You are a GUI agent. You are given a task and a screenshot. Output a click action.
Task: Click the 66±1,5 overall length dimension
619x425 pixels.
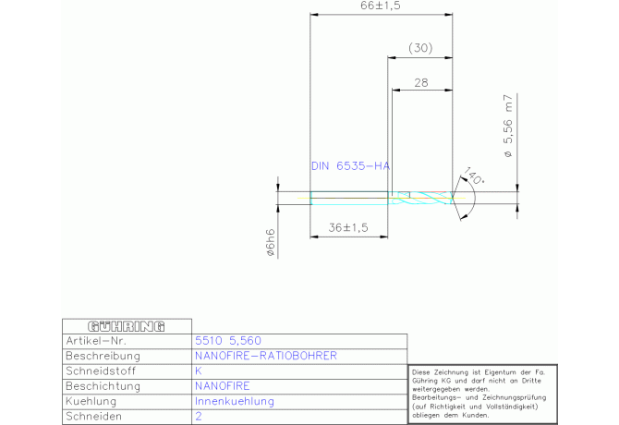point(381,6)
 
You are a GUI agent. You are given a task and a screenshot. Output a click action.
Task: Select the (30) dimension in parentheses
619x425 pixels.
point(420,48)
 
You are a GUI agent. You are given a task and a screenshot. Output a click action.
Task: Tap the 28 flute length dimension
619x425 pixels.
point(421,82)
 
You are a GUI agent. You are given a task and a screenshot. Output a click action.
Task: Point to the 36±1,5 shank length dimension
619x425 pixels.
point(348,226)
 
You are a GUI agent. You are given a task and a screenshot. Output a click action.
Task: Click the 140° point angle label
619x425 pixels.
point(475,176)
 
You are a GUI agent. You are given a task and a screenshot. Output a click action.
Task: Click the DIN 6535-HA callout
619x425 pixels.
point(350,166)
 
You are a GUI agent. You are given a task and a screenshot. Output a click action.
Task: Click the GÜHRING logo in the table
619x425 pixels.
point(126,326)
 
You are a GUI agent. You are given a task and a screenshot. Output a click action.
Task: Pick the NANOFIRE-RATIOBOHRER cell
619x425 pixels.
point(266,356)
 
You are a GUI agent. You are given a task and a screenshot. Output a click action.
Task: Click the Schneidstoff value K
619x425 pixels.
point(199,370)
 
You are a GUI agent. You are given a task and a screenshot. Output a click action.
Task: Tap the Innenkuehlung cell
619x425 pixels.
point(235,402)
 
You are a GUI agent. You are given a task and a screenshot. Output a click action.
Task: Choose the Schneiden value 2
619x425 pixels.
point(199,418)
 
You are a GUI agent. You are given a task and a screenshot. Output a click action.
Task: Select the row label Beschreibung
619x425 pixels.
point(103,356)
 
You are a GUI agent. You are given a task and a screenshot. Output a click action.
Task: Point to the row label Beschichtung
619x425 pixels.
point(103,386)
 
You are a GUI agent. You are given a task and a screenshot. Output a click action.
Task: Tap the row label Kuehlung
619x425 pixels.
point(91,402)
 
